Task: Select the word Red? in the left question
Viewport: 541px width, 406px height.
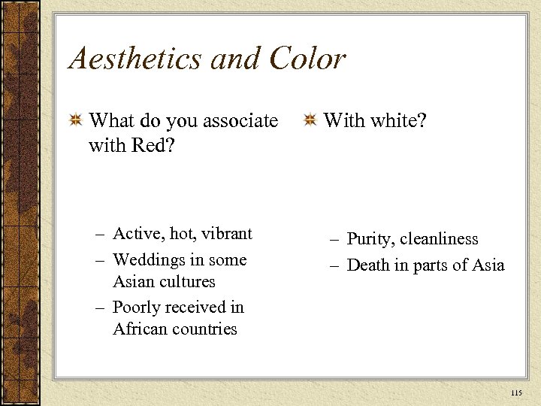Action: coord(150,144)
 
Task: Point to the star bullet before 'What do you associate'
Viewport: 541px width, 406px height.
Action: coord(75,120)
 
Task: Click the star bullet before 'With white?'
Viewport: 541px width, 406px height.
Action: coord(310,120)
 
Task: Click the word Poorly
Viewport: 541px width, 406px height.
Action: coord(135,307)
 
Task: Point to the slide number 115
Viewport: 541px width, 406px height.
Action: coord(515,393)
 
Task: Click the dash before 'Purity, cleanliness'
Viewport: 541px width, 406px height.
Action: coord(334,240)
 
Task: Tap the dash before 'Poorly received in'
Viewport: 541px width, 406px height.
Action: coord(100,308)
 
